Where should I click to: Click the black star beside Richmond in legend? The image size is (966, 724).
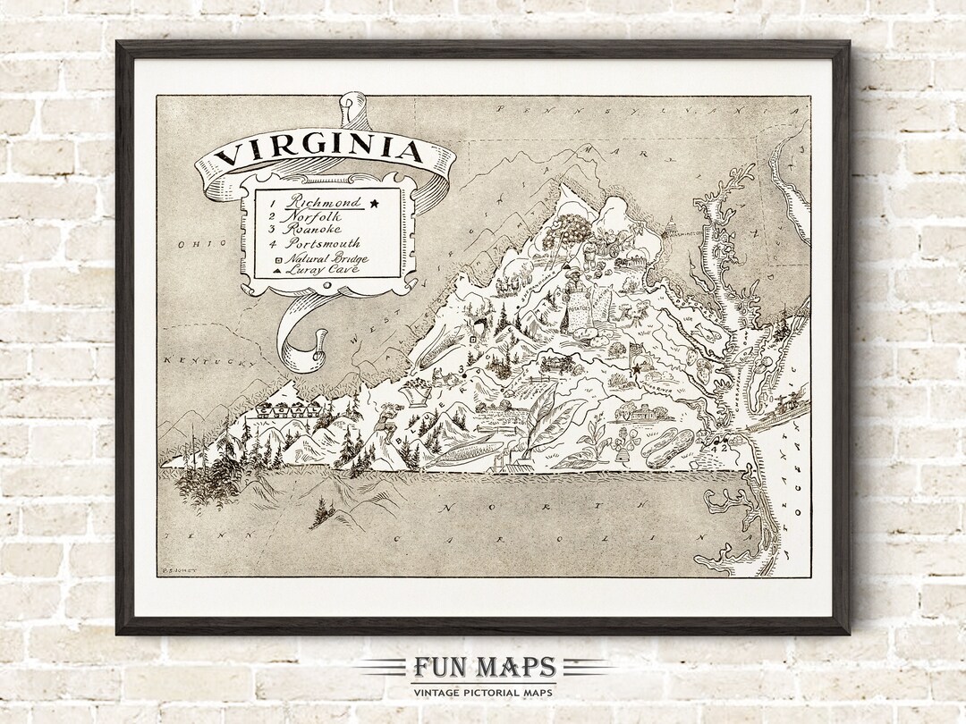tap(374, 204)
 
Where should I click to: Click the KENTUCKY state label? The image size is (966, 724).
tap(203, 361)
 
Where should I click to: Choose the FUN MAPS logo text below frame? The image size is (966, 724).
tap(484, 668)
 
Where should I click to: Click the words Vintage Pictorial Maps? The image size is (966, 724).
tap(483, 692)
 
